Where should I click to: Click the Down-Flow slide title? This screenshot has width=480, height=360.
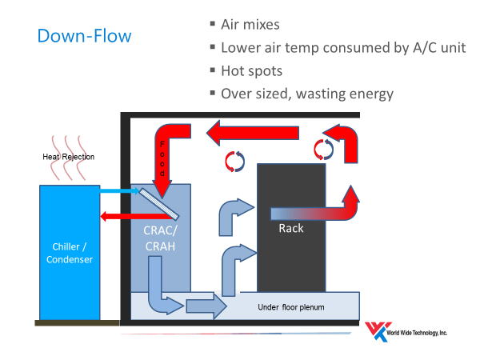84,36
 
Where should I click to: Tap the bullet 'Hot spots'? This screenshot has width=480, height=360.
251,70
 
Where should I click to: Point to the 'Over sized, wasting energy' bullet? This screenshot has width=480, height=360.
307,94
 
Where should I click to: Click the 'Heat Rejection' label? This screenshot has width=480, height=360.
68,157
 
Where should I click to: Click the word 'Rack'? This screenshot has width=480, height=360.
290,228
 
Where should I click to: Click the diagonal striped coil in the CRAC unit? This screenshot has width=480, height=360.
158,203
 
